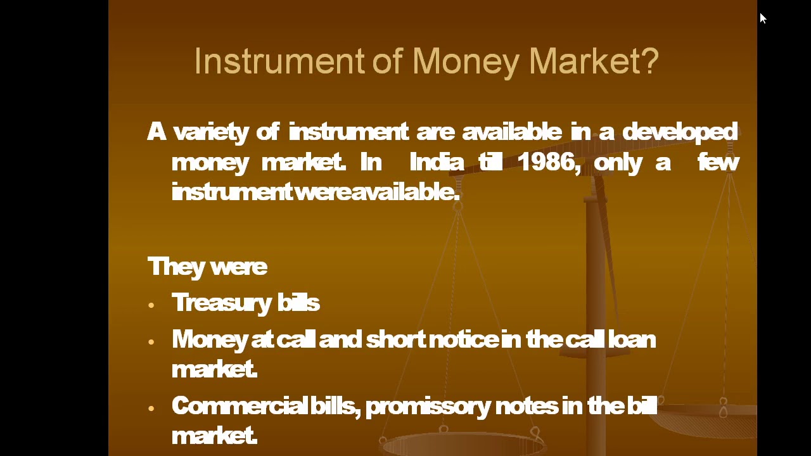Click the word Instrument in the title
coord(279,62)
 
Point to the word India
coord(437,162)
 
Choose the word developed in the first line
coord(680,132)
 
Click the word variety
coord(211,132)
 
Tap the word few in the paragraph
coord(718,162)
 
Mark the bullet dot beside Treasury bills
coord(151,305)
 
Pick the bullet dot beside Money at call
coord(151,342)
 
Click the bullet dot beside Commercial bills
coord(151,408)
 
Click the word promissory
coord(428,406)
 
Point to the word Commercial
coord(239,406)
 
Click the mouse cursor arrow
coord(762,18)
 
